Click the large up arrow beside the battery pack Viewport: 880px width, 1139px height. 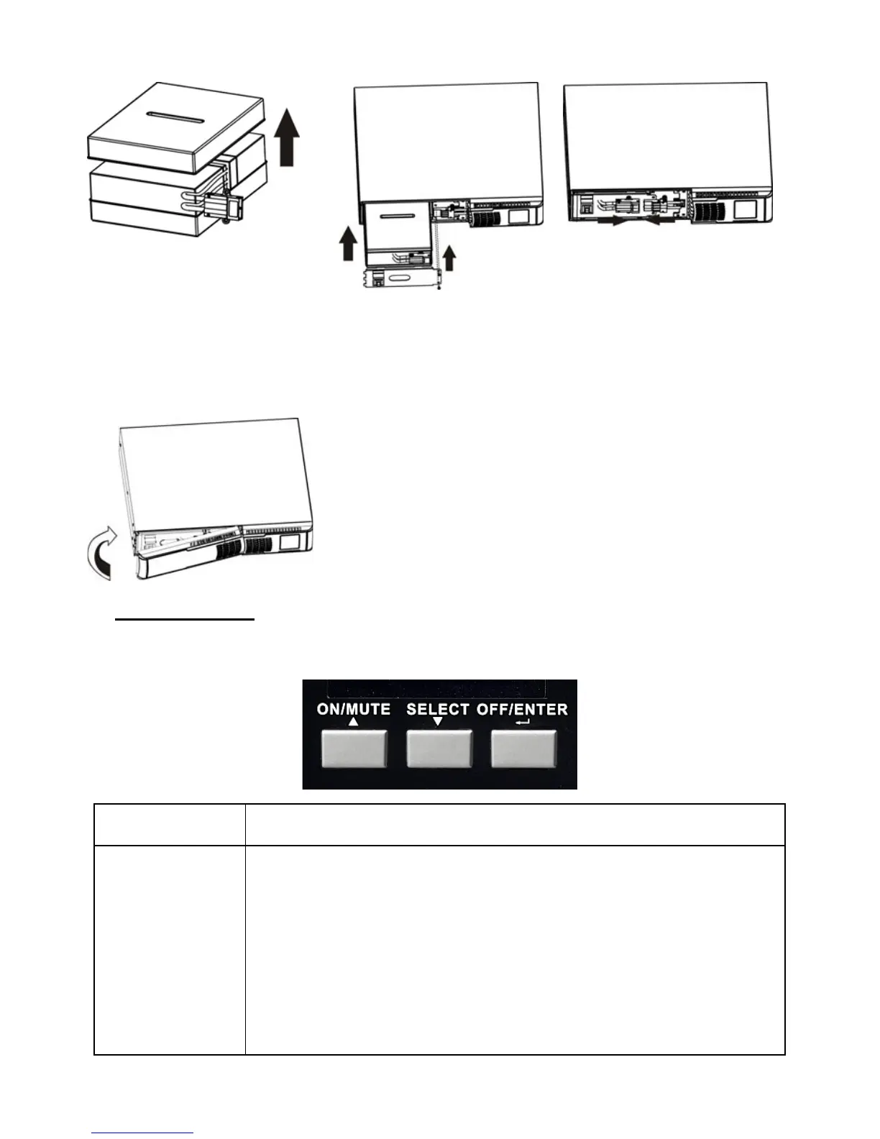click(x=288, y=137)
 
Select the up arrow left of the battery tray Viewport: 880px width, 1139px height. click(x=348, y=243)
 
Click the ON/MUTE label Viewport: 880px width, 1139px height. click(x=354, y=709)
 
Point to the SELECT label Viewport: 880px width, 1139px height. click(x=438, y=709)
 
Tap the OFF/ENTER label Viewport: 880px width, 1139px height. click(x=523, y=709)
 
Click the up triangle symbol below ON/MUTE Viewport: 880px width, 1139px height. click(x=353, y=723)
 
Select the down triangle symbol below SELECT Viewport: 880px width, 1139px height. click(x=438, y=723)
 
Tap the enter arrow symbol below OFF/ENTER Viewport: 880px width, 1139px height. click(x=523, y=723)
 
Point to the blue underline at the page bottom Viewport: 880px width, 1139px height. click(x=143, y=1133)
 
